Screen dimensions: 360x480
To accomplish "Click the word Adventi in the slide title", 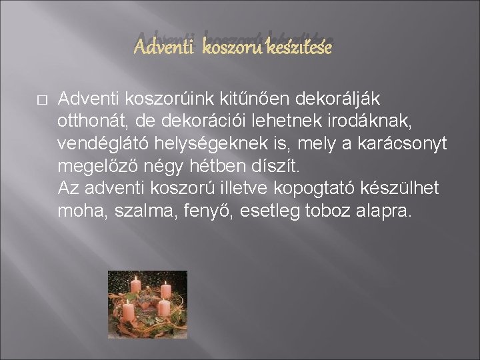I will (158, 49).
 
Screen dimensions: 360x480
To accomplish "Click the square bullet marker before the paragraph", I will (41, 100).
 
